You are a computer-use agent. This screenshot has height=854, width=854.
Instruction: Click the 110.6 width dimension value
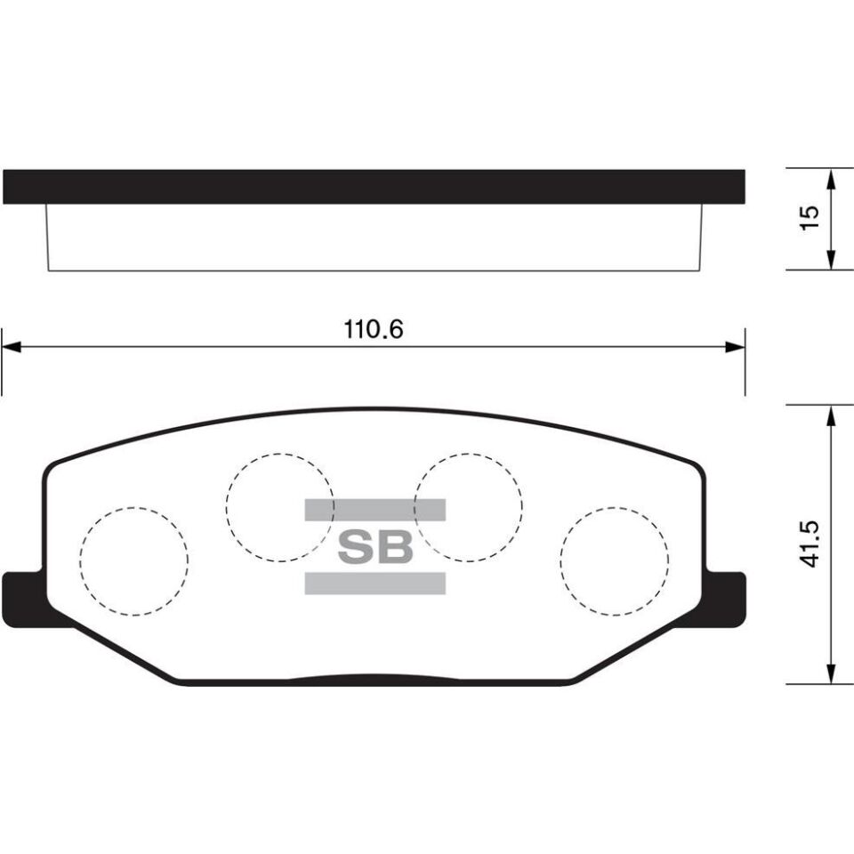[374, 329]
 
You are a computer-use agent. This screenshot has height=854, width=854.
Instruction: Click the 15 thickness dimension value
[809, 218]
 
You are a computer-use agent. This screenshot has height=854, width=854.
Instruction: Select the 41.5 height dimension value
[809, 545]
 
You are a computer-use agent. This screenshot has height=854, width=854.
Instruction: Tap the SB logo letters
[375, 547]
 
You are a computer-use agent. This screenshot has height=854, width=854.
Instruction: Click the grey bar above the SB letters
[375, 510]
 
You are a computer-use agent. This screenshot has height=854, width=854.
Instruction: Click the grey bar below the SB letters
[375, 584]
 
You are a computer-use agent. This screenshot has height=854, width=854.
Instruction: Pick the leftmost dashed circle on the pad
[133, 561]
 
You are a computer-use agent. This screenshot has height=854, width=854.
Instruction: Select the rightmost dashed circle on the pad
[614, 561]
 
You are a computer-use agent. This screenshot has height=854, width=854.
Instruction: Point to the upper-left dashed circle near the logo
[279, 507]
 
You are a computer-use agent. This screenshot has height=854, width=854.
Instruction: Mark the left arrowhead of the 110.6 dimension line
[11, 347]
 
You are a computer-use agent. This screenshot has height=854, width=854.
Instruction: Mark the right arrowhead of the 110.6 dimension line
[735, 347]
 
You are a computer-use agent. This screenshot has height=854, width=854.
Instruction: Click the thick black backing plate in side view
[374, 187]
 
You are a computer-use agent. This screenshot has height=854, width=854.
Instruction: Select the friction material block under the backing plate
[374, 238]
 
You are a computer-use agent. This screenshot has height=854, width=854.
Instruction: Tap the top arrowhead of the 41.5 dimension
[831, 416]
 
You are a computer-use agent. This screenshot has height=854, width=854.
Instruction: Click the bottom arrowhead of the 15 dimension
[831, 259]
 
